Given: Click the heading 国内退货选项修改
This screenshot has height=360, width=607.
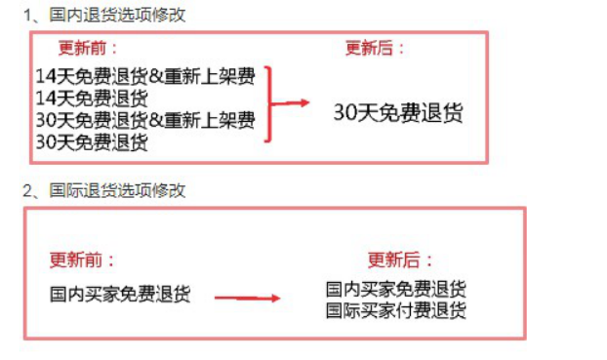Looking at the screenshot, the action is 117,15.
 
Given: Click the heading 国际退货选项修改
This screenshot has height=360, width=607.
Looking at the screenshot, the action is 117,190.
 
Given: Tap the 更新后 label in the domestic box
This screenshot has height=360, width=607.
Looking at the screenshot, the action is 375,49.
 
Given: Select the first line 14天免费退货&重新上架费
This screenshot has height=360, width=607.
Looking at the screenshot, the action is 144,76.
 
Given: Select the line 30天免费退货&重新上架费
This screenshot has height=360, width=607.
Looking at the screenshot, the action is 144,120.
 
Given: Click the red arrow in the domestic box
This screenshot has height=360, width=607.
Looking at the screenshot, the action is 293,102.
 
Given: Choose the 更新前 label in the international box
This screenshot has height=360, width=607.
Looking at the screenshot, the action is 82,260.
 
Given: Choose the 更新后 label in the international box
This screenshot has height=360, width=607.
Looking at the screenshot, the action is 400,260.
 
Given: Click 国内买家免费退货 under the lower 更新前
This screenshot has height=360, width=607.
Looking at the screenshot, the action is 120,293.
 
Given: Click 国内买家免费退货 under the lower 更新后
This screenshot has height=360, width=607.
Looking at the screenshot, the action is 395,290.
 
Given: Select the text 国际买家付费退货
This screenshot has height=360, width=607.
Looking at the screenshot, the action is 395,310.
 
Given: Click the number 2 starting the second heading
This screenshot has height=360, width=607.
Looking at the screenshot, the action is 28,190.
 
